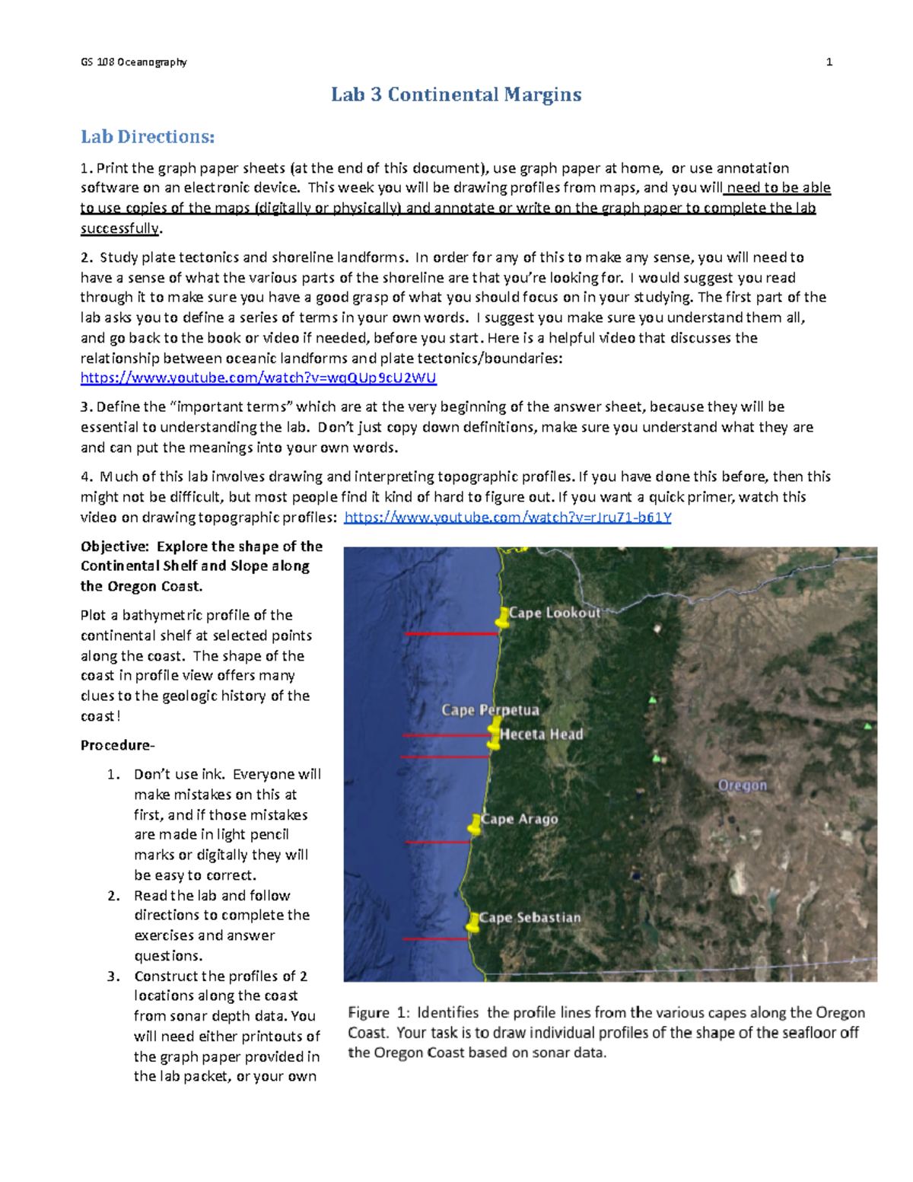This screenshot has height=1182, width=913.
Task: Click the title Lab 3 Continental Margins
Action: (x=456, y=94)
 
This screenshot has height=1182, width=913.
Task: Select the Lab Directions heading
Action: (x=148, y=137)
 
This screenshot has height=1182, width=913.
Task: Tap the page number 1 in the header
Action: (x=829, y=62)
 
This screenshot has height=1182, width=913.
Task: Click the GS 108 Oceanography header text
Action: (x=134, y=62)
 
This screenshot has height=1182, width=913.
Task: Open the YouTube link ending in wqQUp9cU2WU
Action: (x=258, y=378)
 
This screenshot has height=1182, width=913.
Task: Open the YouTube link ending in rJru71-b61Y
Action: (x=507, y=518)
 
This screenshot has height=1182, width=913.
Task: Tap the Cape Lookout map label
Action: (x=555, y=613)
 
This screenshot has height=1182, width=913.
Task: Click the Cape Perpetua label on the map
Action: (x=490, y=710)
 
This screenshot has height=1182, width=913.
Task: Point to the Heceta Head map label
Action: (x=541, y=734)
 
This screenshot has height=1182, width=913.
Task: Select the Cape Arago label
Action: (x=520, y=819)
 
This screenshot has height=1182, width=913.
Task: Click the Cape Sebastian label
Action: (x=530, y=918)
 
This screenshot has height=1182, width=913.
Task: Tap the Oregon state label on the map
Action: (x=743, y=785)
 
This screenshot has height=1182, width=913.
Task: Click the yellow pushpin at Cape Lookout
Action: (x=501, y=618)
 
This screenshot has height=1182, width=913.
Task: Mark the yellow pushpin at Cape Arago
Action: (x=474, y=824)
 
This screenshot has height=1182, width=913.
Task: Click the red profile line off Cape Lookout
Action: (x=450, y=633)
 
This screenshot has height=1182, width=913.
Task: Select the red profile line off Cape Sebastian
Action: (x=434, y=939)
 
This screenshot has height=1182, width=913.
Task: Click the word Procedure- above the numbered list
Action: (x=117, y=745)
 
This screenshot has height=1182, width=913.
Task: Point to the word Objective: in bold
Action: (x=114, y=546)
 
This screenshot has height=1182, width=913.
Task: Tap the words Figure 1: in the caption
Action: (x=379, y=1013)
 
